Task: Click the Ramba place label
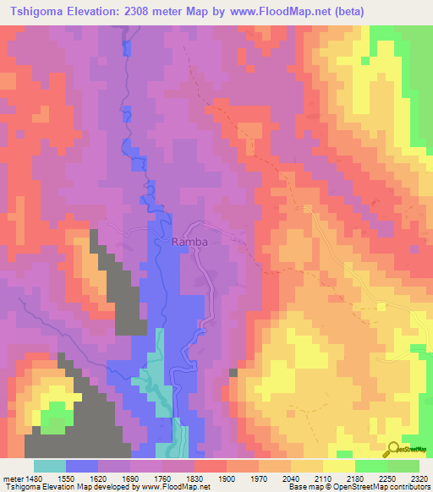[x=189, y=242]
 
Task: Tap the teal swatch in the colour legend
[x=50, y=466]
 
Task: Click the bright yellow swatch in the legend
[x=339, y=466]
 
